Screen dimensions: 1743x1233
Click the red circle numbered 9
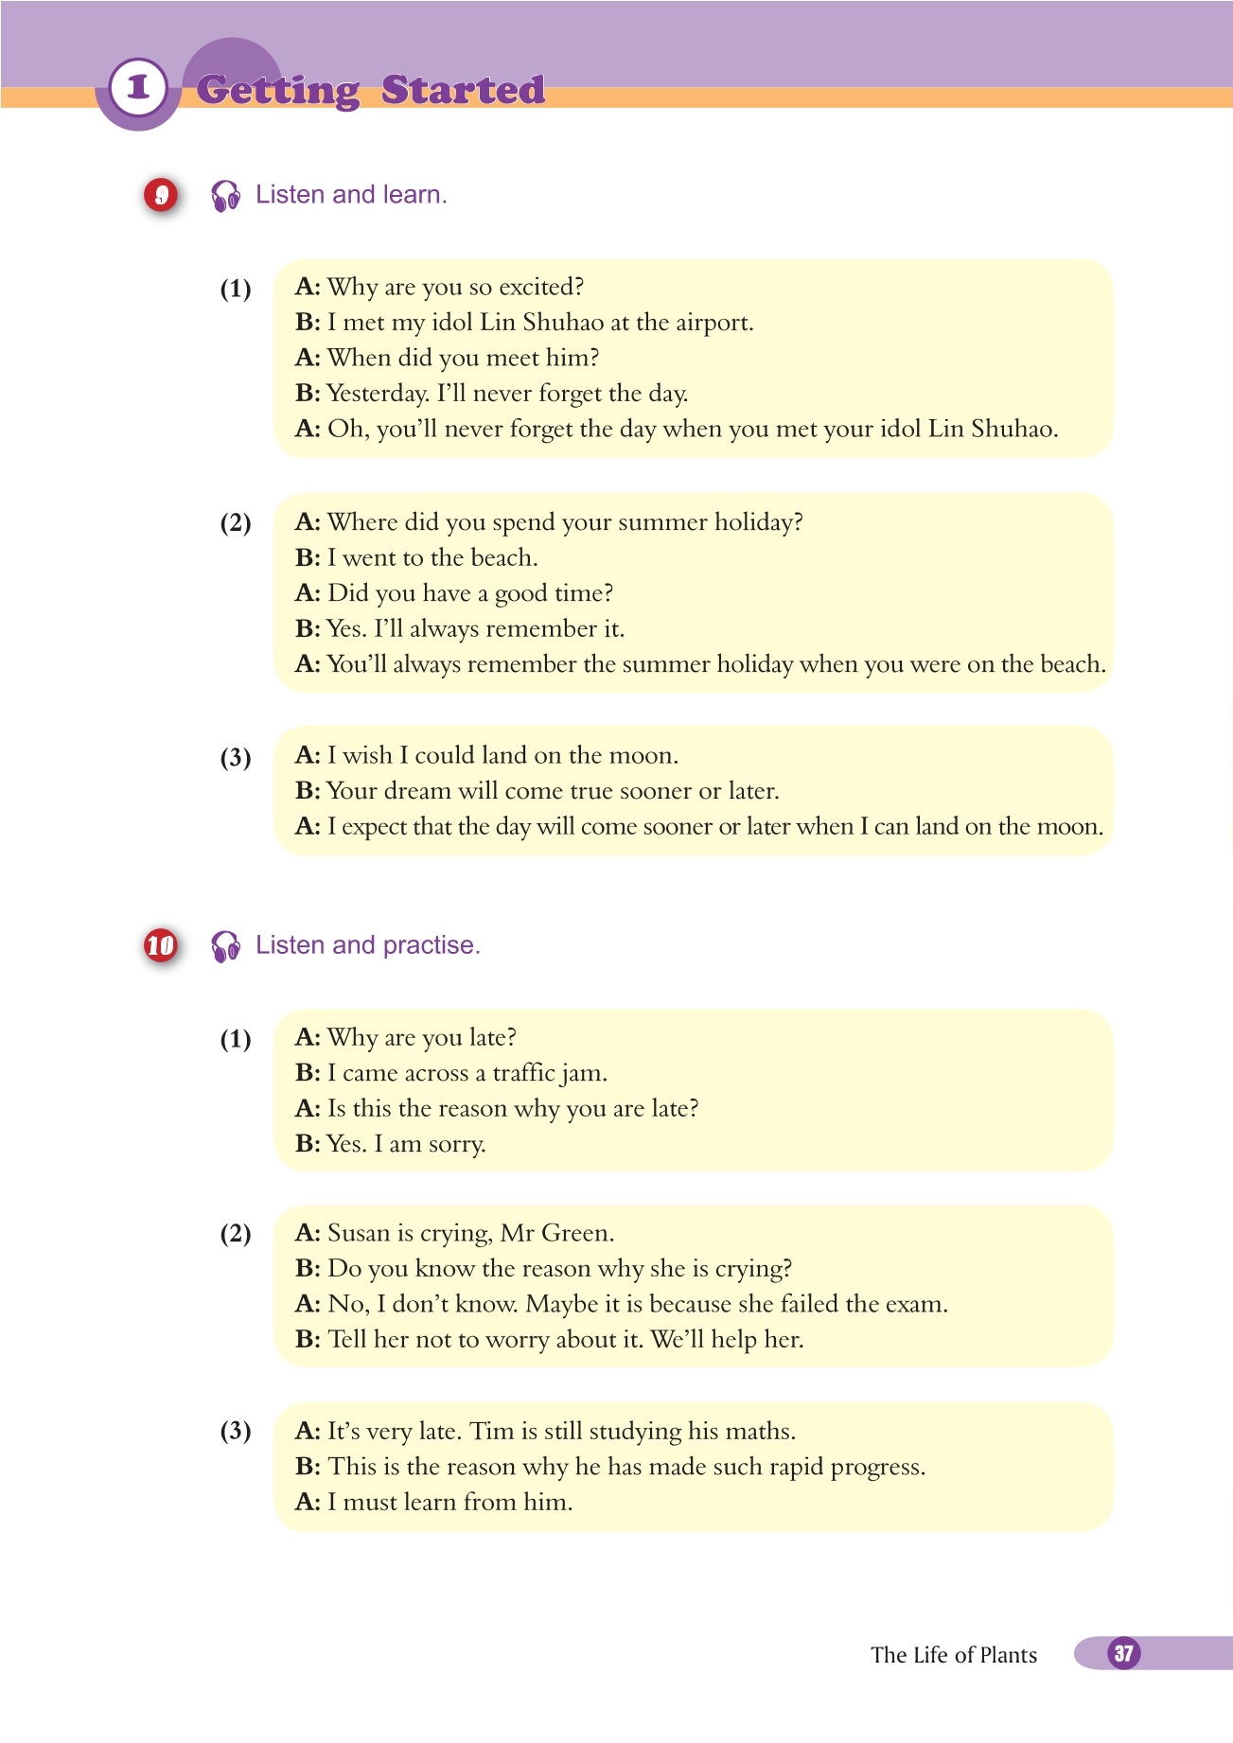coord(161,195)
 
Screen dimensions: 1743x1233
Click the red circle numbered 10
coord(161,945)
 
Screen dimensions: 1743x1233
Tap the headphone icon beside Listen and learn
coord(226,196)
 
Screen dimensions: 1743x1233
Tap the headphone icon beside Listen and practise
coord(226,946)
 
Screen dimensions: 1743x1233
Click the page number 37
coord(1123,1653)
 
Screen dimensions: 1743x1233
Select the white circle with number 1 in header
coord(138,88)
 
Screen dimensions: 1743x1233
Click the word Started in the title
coord(463,90)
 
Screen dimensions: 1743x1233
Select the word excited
coord(541,287)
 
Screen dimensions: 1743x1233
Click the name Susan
coord(359,1233)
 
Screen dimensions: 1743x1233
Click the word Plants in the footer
coord(1008,1655)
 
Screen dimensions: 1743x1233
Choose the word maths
coord(763,1431)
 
